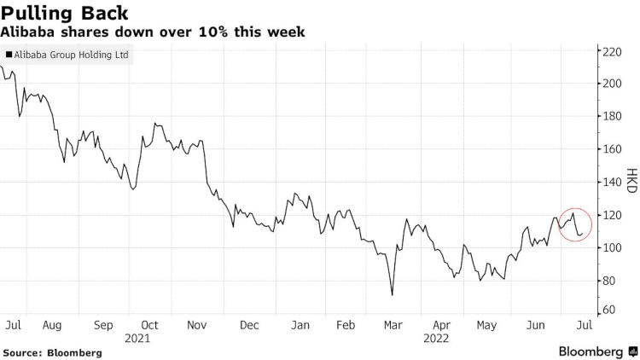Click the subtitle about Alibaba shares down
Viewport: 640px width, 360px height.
tap(153, 32)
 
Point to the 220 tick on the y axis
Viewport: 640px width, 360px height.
tap(610, 51)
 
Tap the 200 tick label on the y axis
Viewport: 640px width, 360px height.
tap(610, 84)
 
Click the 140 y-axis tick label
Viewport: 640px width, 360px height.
tap(610, 183)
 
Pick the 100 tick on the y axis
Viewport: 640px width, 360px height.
tap(610, 248)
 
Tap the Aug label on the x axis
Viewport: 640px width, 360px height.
tap(51, 325)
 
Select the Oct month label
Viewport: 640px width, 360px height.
tap(150, 325)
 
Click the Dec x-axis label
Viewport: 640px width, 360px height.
tap(250, 325)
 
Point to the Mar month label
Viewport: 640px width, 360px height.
tap(393, 325)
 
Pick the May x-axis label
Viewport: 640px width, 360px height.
tap(486, 325)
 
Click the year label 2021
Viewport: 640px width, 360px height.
tap(137, 338)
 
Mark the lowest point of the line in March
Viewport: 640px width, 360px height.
tap(392, 295)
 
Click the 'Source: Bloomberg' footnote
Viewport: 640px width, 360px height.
tap(52, 352)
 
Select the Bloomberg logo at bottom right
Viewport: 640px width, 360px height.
tap(591, 351)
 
